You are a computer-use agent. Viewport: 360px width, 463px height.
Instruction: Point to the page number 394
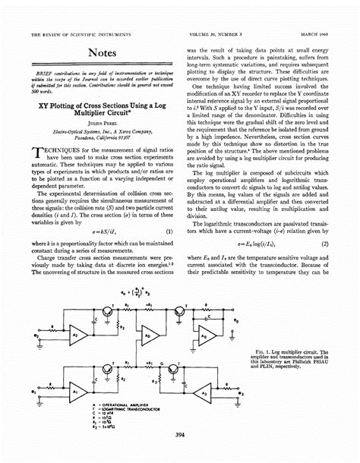(180, 433)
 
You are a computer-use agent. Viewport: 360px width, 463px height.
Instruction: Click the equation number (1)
(167, 230)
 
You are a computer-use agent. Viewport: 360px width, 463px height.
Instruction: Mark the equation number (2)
(324, 244)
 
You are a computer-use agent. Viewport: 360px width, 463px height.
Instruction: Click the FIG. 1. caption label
(265, 352)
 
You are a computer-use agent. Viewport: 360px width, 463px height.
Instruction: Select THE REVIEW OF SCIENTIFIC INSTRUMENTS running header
(81, 34)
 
